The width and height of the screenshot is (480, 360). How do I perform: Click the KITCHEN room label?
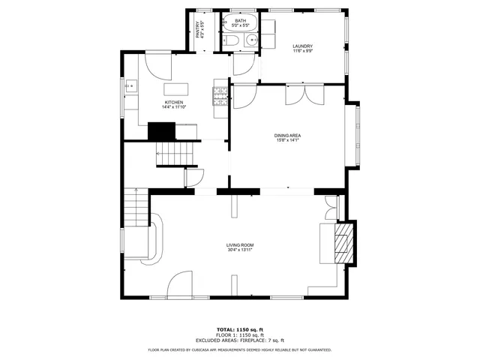tap(174, 102)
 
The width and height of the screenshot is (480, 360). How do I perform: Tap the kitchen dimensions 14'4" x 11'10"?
tap(174, 107)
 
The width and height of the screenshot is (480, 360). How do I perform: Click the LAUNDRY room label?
tap(302, 46)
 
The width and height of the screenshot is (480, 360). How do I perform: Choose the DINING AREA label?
tap(287, 135)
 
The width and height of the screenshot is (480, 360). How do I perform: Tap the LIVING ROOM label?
tap(240, 245)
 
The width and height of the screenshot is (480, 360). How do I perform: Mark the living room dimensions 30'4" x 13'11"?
tap(240, 250)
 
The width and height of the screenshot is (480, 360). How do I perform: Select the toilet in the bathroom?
tap(231, 40)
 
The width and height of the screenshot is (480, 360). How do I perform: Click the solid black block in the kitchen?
tap(160, 131)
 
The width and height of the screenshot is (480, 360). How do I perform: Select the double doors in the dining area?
tap(304, 94)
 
